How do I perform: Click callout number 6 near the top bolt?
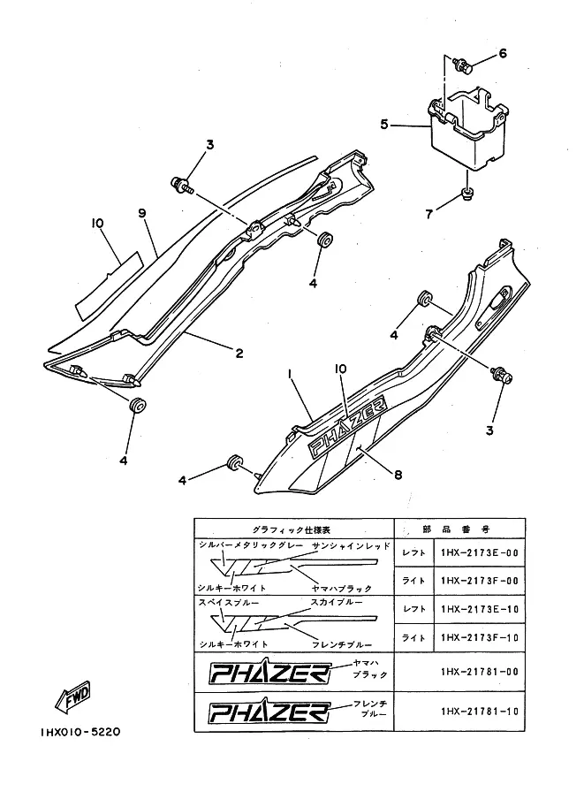(x=503, y=53)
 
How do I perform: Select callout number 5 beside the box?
(x=383, y=125)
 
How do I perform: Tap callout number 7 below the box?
(x=429, y=214)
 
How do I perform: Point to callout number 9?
(x=140, y=212)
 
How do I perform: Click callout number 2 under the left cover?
(x=239, y=354)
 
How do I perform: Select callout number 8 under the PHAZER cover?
(x=398, y=475)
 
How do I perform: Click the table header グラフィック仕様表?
(x=292, y=527)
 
